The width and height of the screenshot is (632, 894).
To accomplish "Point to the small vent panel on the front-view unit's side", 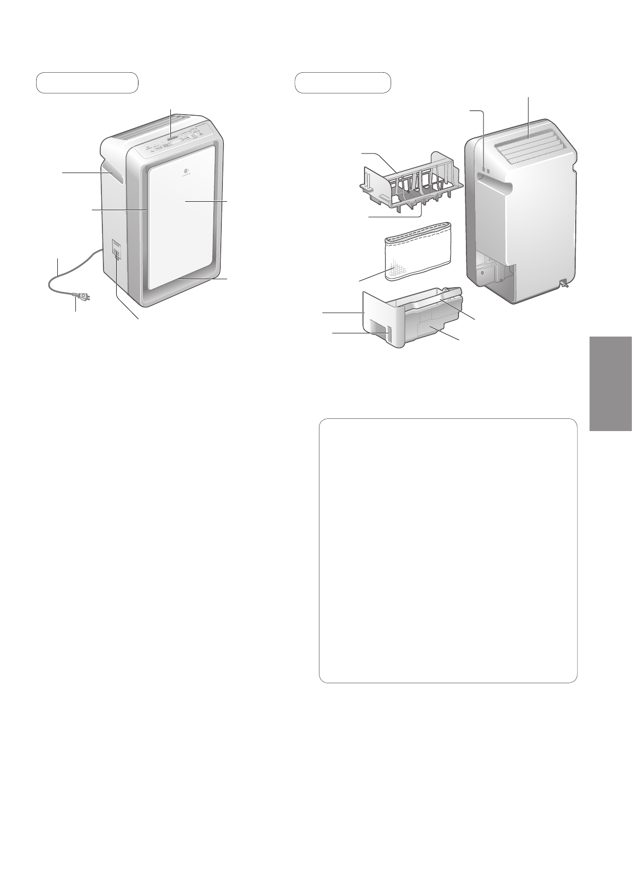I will [116, 250].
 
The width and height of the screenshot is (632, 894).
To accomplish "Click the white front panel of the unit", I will [183, 218].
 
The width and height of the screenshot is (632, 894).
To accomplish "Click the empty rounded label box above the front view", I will [87, 82].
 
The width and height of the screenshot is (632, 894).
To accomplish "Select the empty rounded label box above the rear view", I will [343, 82].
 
